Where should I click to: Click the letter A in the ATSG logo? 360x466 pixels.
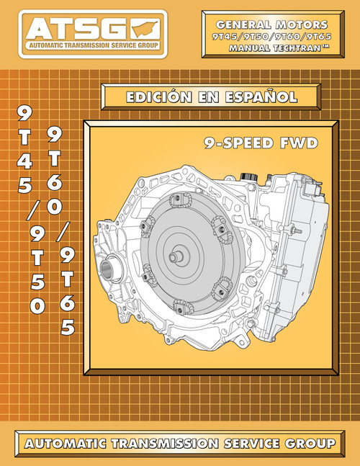click(40, 30)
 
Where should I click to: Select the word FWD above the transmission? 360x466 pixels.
click(297, 143)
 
